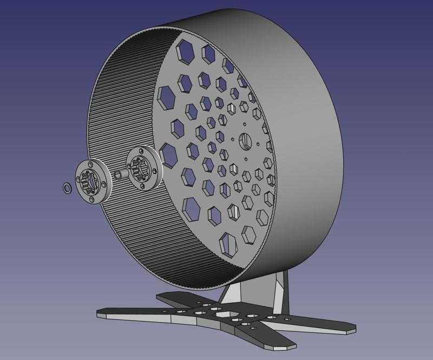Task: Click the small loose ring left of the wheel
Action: point(67,188)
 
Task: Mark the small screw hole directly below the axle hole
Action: point(245,159)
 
